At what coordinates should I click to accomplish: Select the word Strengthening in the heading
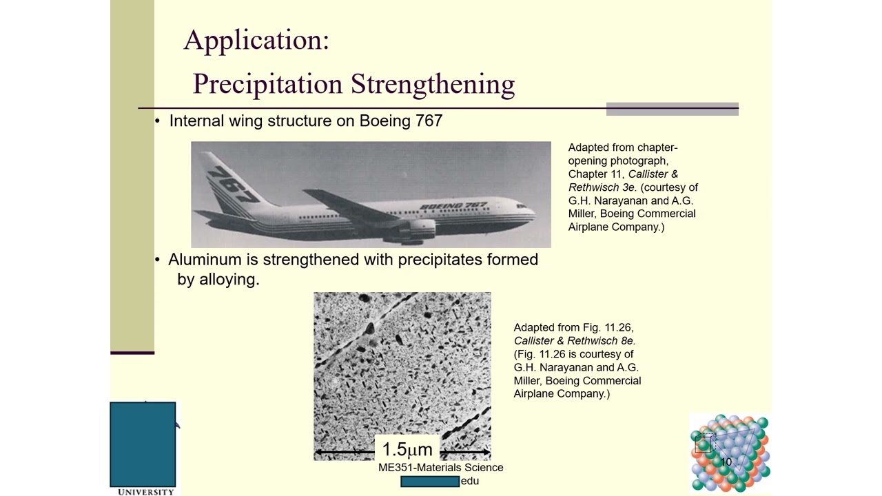click(433, 84)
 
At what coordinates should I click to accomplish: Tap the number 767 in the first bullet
click(429, 121)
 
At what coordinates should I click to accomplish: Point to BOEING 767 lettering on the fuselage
click(453, 206)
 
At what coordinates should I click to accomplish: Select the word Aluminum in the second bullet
click(205, 260)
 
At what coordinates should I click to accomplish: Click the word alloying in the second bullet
click(229, 279)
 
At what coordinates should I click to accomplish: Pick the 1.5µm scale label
click(407, 450)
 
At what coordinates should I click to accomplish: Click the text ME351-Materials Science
click(440, 467)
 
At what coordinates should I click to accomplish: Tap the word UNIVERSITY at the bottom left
click(145, 492)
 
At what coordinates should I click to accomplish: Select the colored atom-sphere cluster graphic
click(730, 453)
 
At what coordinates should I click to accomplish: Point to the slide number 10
click(726, 462)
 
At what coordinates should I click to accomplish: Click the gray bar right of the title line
click(672, 109)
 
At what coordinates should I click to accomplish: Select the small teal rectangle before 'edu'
click(430, 481)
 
